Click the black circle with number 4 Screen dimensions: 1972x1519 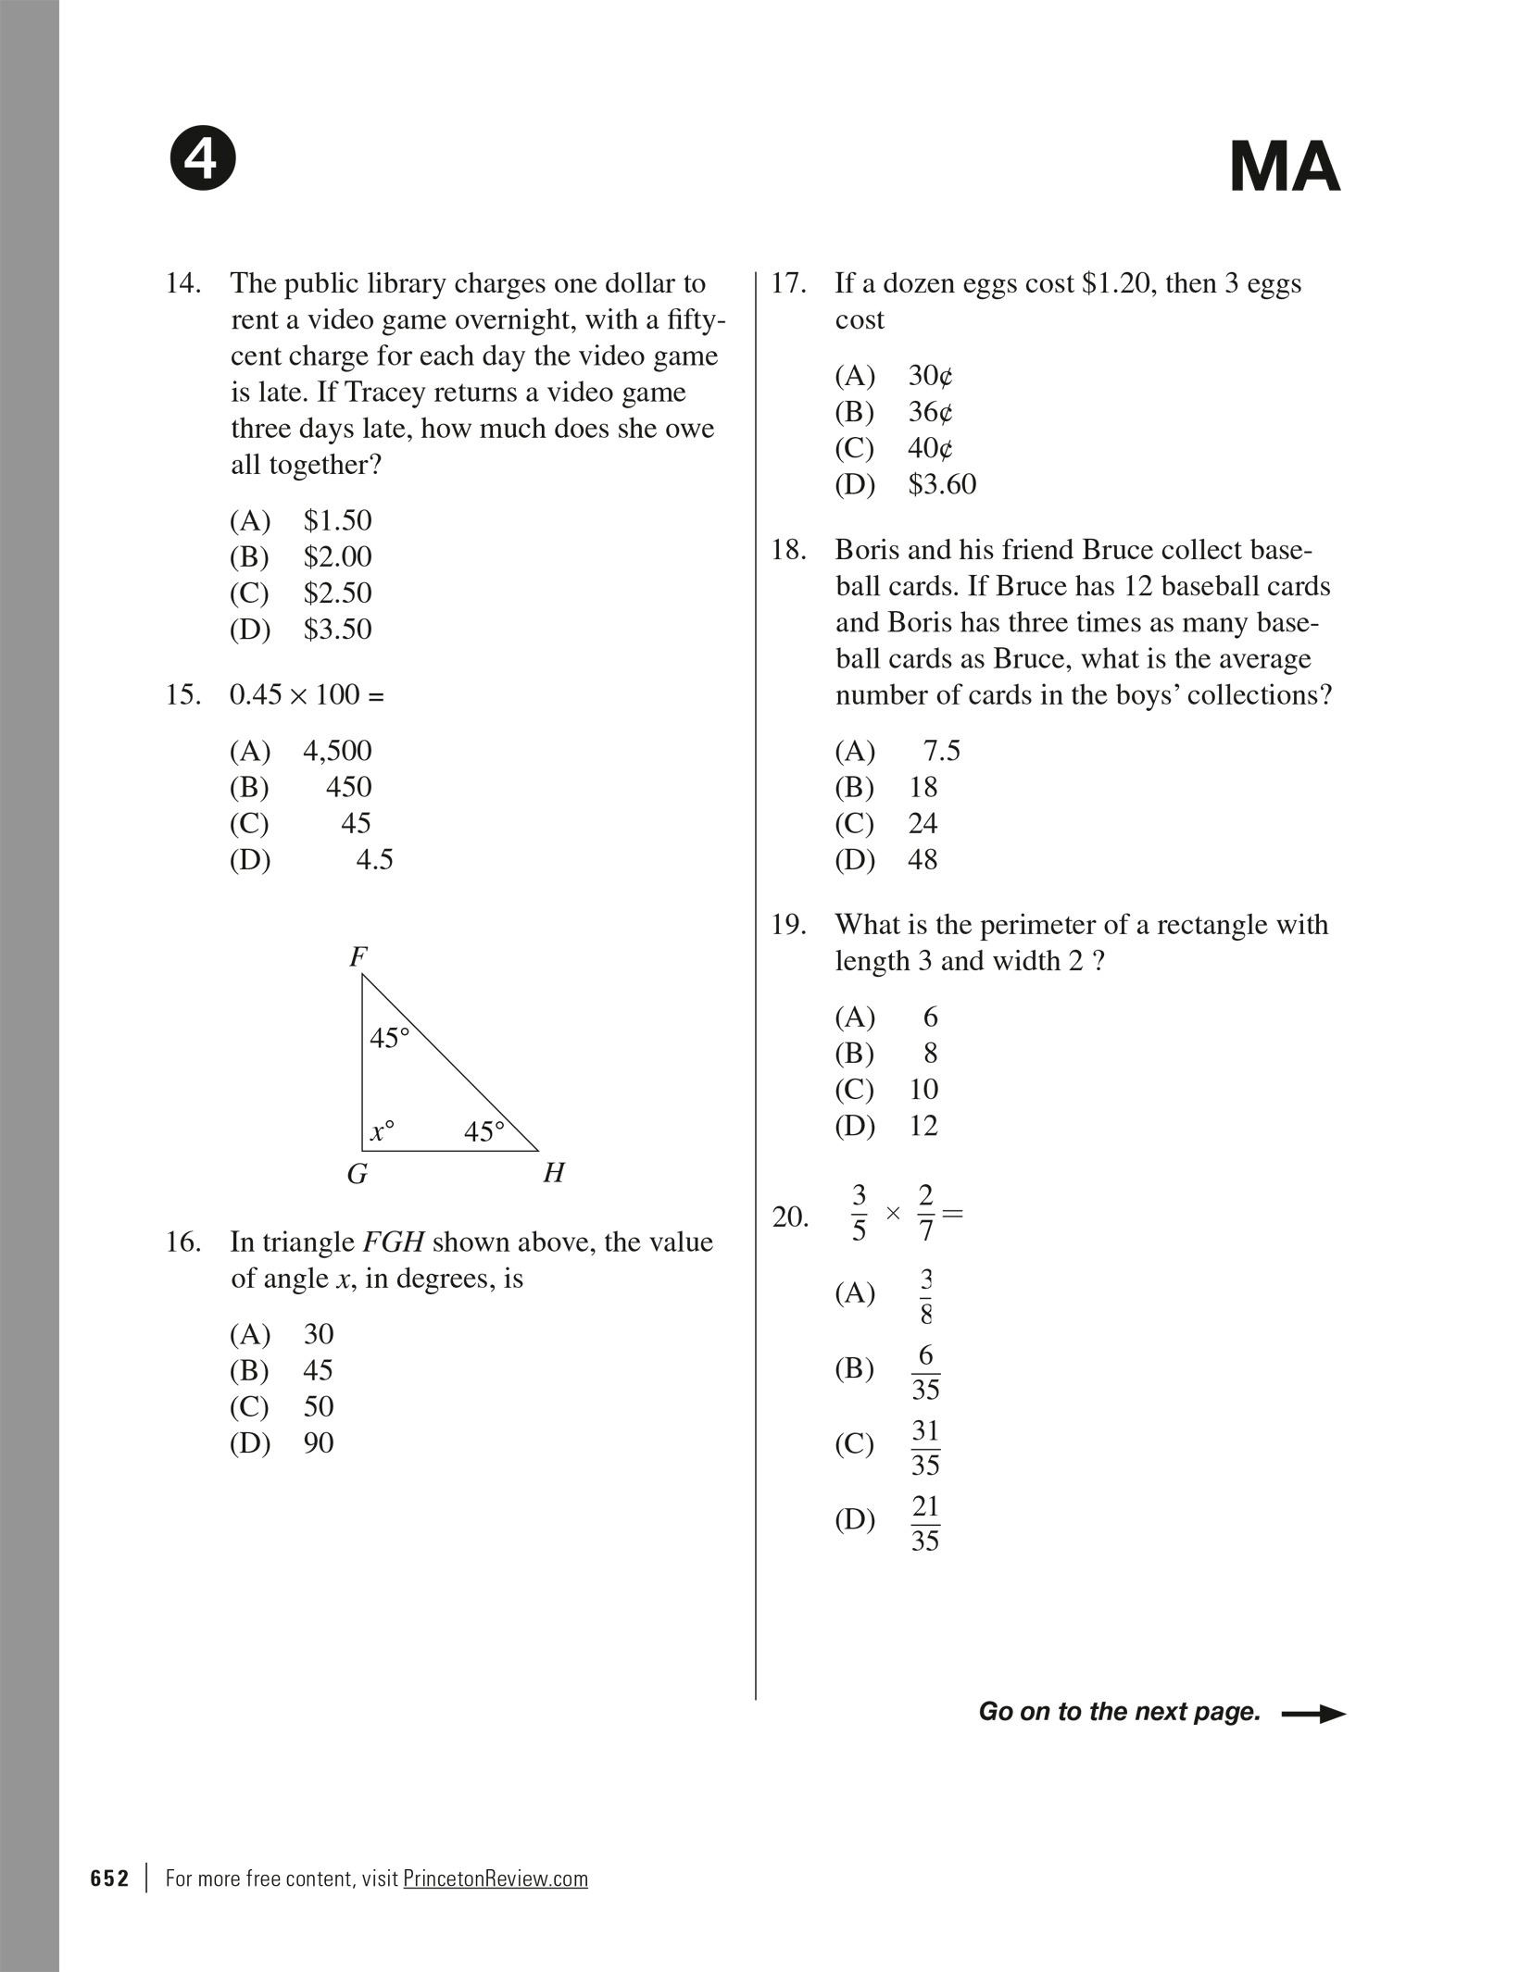click(x=203, y=158)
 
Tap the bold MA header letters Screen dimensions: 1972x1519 click(x=1284, y=168)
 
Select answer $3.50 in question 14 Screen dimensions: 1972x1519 click(x=337, y=630)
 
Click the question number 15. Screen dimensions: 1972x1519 click(x=182, y=694)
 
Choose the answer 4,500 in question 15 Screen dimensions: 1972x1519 click(x=337, y=751)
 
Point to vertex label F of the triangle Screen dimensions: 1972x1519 click(x=358, y=956)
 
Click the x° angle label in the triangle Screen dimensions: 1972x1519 click(x=382, y=1131)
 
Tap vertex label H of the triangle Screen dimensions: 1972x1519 click(x=554, y=1174)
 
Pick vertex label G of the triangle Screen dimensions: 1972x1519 click(x=357, y=1175)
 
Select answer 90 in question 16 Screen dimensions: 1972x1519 click(x=318, y=1443)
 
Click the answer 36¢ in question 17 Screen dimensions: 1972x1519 click(x=930, y=412)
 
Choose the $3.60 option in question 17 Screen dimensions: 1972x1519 click(x=942, y=484)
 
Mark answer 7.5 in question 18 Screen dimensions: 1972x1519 click(x=941, y=751)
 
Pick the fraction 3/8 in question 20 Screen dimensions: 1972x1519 click(x=925, y=1295)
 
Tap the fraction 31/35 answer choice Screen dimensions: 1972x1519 click(x=925, y=1447)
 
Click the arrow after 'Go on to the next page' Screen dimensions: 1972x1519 click(x=1312, y=1714)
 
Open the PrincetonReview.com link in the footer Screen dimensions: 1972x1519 click(x=496, y=1878)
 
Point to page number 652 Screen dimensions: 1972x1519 click(x=109, y=1878)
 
